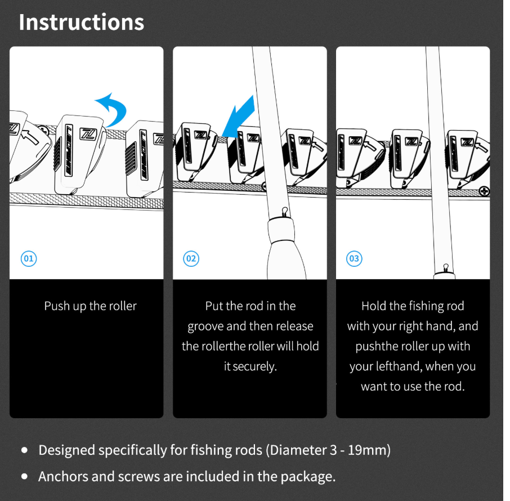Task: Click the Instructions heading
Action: click(81, 22)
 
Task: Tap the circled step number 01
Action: click(29, 258)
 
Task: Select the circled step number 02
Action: click(191, 258)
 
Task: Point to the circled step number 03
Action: click(354, 258)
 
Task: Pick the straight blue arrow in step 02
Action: click(239, 117)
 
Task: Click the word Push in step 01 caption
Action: click(57, 306)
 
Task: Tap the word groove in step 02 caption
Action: click(205, 326)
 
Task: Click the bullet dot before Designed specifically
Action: click(24, 450)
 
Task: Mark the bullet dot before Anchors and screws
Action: click(24, 477)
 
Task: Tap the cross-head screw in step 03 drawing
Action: click(484, 191)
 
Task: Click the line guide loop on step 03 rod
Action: click(446, 267)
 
